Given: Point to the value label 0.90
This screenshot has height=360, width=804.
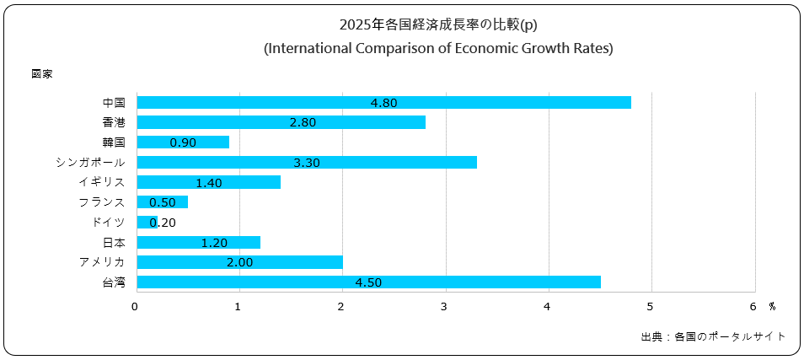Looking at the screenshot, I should [x=183, y=142].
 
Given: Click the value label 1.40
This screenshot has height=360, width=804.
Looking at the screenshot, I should [x=208, y=182].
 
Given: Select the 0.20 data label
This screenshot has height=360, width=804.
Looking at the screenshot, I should [x=162, y=223].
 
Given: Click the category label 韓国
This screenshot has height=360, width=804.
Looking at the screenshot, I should [x=114, y=142].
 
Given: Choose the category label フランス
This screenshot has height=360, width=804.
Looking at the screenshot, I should [x=101, y=202].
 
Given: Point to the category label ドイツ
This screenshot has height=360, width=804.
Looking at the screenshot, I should [x=109, y=223].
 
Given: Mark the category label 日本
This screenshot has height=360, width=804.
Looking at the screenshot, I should [x=114, y=242].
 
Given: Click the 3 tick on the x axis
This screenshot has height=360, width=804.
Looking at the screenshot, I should [x=444, y=306].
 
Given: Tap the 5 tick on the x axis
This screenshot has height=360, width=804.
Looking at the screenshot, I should [x=651, y=306].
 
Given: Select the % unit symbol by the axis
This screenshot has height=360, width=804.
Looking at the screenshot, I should [x=772, y=306].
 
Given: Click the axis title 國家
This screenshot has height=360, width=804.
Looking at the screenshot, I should [x=42, y=74].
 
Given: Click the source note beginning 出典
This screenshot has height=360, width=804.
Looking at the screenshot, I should [x=713, y=336].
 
